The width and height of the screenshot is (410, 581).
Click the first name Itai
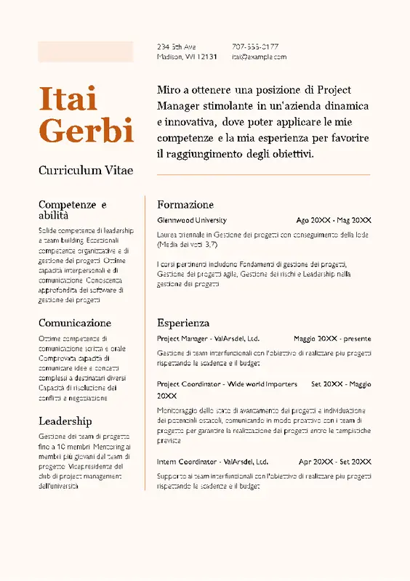[68, 99]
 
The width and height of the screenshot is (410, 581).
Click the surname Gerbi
[86, 131]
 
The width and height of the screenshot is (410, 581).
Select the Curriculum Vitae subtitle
[86, 170]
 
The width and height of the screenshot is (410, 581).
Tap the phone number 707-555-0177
[255, 46]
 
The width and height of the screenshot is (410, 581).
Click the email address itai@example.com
[259, 57]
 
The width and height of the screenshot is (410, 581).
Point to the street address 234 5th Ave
[176, 46]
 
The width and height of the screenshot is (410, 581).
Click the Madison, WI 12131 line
[187, 57]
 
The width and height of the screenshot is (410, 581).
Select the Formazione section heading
[185, 205]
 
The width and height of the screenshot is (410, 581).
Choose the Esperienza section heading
[183, 322]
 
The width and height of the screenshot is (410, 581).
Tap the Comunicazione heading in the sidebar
[75, 322]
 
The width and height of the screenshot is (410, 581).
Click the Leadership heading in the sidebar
[65, 421]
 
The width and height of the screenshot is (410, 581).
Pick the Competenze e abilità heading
[73, 210]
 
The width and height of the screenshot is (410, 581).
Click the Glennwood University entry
[192, 220]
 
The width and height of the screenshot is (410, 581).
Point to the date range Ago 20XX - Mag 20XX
[334, 220]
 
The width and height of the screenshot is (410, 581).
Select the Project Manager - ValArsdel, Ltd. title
[208, 338]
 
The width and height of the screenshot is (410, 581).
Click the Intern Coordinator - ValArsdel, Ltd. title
[212, 462]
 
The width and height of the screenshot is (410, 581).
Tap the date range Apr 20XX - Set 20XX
[334, 462]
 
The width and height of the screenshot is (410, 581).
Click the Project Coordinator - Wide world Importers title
[227, 384]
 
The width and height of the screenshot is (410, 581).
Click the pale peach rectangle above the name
[86, 52]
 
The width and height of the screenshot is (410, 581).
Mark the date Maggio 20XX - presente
[332, 338]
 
